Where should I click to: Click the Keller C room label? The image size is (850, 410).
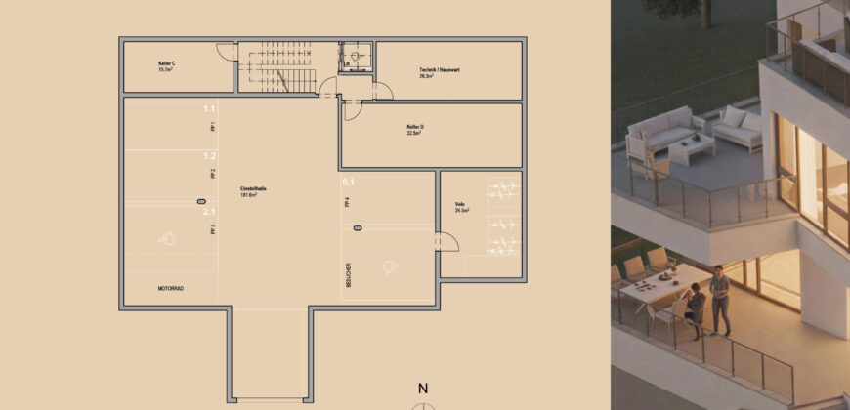click(166, 65)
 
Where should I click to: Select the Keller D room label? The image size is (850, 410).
click(415, 129)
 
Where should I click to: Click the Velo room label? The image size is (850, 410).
click(459, 207)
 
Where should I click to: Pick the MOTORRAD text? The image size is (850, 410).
click(171, 289)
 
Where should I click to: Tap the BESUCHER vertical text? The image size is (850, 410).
click(348, 275)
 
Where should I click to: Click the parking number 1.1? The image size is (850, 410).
click(209, 108)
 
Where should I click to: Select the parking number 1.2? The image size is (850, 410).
click(209, 155)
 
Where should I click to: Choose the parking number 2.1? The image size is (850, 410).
click(209, 211)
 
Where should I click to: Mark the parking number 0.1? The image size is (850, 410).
click(348, 182)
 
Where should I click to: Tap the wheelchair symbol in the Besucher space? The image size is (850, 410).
click(392, 265)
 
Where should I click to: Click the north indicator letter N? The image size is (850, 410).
click(423, 389)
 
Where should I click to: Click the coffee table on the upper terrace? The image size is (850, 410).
click(692, 148)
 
